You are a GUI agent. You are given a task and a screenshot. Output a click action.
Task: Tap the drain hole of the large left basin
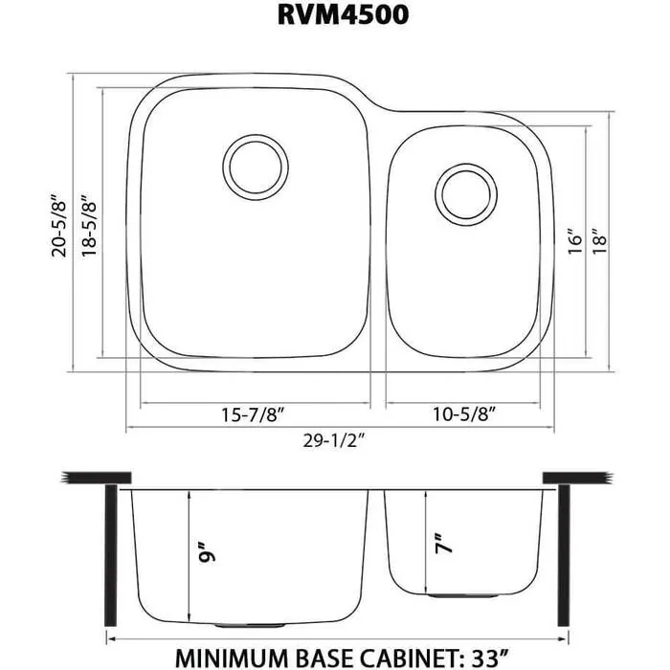point(255,165)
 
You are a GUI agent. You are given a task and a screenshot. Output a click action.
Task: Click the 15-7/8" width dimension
point(256,415)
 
